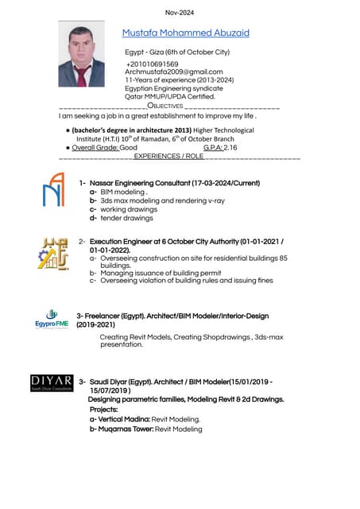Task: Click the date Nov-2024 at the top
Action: pos(180,12)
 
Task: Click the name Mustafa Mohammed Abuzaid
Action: pos(185,33)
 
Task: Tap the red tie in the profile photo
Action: pos(82,75)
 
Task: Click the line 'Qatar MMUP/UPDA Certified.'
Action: pos(169,96)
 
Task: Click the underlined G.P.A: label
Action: pos(212,148)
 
